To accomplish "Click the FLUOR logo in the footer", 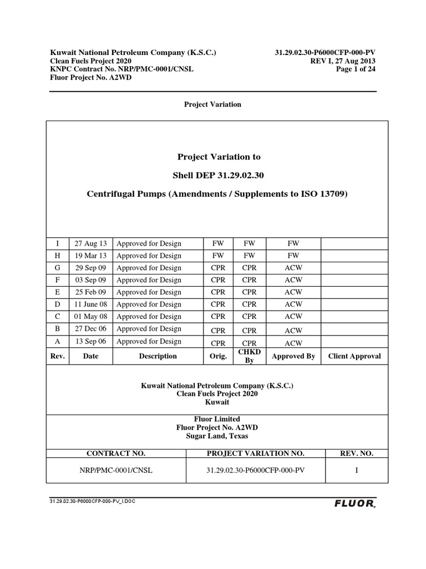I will [354, 504].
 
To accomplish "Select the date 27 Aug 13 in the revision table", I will [90, 243].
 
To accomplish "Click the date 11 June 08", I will [90, 304].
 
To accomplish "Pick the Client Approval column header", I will [354, 356].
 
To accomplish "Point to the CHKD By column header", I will [249, 356].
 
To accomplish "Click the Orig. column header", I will [219, 356].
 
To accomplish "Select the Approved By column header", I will [293, 356].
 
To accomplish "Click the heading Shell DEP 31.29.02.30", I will [218, 176].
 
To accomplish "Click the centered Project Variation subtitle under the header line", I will [213, 104].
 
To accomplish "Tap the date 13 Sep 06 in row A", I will [90, 341].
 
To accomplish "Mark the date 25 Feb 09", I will [90, 292].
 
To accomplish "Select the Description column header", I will [158, 356].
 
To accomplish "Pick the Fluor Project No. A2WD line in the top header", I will [91, 78].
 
